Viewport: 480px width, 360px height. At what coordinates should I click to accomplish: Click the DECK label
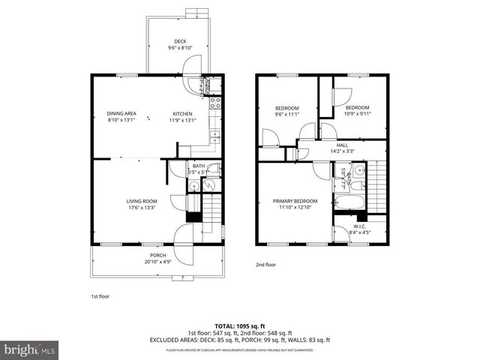[x=180, y=41]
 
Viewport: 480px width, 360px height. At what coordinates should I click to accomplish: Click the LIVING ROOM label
[x=140, y=201]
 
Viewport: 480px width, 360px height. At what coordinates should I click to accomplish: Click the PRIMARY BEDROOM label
[x=295, y=201]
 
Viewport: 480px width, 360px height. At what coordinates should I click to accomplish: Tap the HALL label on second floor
[x=342, y=145]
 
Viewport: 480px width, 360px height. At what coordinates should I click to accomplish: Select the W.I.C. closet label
[x=359, y=226]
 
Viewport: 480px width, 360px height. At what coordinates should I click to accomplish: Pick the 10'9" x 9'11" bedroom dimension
[x=358, y=114]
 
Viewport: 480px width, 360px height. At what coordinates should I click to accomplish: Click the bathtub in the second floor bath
[x=349, y=203]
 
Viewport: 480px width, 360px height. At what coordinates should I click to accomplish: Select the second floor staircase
[x=378, y=187]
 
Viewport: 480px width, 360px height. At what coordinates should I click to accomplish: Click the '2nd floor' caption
[x=267, y=265]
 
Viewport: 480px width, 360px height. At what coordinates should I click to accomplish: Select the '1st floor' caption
[x=100, y=297]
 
